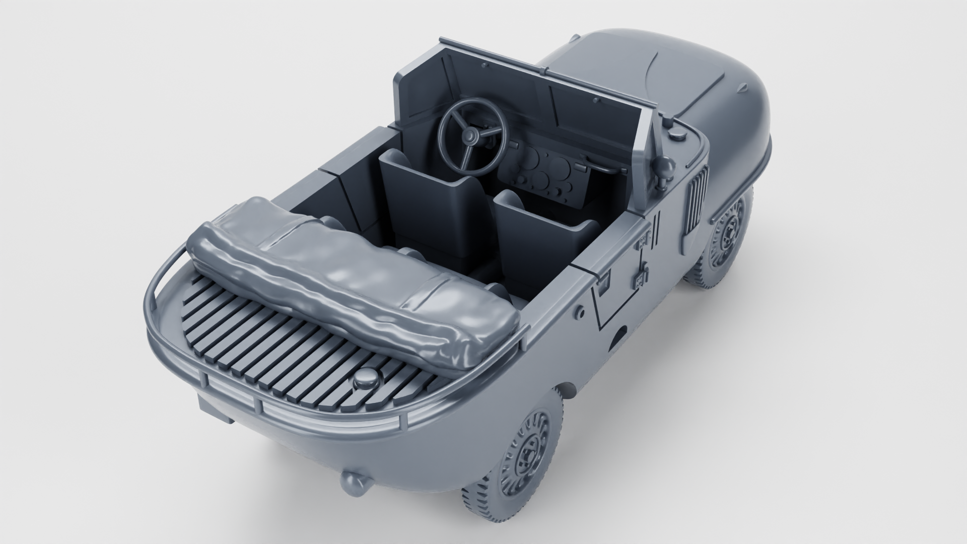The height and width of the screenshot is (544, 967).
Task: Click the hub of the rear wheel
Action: (x=529, y=443)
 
